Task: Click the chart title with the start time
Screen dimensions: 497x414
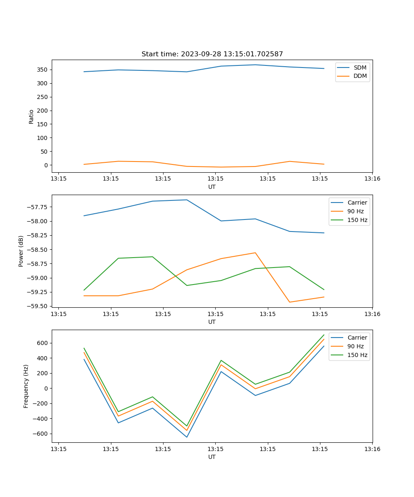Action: pos(212,54)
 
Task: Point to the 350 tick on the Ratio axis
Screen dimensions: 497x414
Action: pos(43,70)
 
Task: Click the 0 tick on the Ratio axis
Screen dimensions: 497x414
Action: pos(46,165)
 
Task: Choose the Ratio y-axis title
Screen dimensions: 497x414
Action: pos(31,116)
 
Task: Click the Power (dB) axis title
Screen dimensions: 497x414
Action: pos(21,251)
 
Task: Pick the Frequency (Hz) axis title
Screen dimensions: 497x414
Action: pos(26,386)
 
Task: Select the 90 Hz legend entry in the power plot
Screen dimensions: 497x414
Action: pos(355,211)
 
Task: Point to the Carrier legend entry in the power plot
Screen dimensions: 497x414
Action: pos(357,203)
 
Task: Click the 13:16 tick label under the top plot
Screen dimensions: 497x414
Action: pos(372,179)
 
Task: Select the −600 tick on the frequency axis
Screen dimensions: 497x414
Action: pos(41,434)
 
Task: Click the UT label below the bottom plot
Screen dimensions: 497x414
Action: pos(212,457)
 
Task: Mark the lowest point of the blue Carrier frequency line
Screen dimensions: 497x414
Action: pos(187,437)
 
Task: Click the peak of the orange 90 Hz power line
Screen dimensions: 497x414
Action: pos(255,253)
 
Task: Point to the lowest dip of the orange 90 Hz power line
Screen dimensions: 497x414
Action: pos(289,302)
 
